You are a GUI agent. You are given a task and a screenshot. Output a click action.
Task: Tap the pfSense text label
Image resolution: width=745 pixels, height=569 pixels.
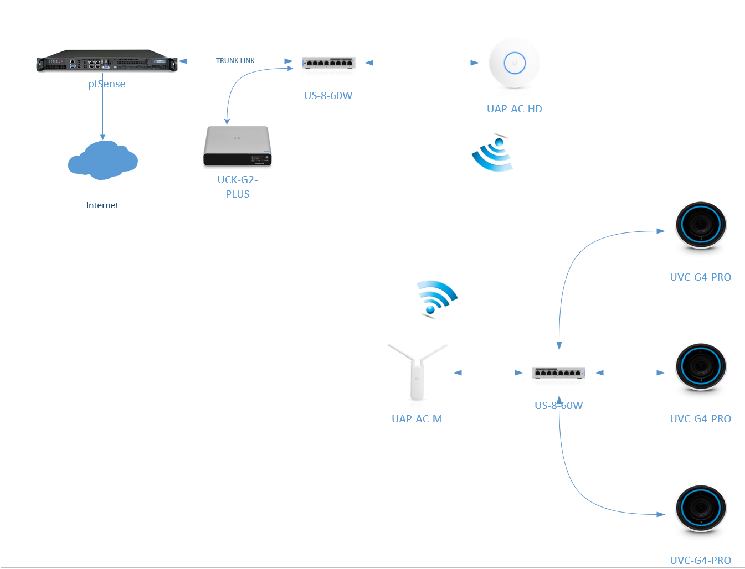pyautogui.click(x=107, y=84)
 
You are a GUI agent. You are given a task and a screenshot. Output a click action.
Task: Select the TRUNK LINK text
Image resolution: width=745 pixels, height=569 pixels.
pyautogui.click(x=235, y=61)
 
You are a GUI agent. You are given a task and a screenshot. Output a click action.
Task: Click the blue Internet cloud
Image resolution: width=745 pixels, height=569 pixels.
pyautogui.click(x=102, y=161)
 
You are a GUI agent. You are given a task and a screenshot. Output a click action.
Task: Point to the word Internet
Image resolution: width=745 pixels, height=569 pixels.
pyautogui.click(x=102, y=205)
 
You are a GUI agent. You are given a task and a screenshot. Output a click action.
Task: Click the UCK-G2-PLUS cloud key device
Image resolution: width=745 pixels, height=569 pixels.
pyautogui.click(x=237, y=146)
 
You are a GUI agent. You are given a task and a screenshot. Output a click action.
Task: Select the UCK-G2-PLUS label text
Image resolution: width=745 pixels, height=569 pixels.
pyautogui.click(x=238, y=187)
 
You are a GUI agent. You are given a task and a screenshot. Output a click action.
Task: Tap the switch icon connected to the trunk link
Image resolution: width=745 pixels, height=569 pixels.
pyautogui.click(x=328, y=63)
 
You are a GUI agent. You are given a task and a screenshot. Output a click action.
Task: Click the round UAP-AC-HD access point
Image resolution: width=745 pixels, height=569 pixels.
pyautogui.click(x=514, y=63)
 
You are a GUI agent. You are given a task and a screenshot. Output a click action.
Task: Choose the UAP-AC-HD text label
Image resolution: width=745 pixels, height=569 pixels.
pyautogui.click(x=514, y=109)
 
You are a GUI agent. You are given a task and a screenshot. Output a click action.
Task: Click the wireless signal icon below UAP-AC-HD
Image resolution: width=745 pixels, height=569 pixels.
pyautogui.click(x=492, y=153)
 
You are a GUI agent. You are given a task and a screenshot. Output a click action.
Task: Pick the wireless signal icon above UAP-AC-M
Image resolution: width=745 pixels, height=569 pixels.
pyautogui.click(x=436, y=299)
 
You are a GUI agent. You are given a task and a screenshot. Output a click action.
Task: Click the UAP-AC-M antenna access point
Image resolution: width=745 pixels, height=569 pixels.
pyautogui.click(x=417, y=371)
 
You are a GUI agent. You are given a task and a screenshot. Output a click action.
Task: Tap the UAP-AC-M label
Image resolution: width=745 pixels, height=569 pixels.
pyautogui.click(x=417, y=419)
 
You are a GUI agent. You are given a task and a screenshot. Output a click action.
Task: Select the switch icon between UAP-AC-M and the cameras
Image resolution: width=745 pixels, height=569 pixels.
pyautogui.click(x=558, y=373)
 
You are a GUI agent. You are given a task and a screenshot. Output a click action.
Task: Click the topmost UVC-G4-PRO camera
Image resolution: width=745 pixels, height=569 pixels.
pyautogui.click(x=701, y=226)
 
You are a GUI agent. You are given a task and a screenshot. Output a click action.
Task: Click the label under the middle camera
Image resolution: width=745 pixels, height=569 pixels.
pyautogui.click(x=700, y=419)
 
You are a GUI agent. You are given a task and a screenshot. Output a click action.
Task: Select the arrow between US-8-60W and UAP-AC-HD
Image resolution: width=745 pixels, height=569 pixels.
pyautogui.click(x=422, y=63)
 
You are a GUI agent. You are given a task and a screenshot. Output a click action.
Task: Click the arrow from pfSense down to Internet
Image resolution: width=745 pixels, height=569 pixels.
pyautogui.click(x=102, y=111)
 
